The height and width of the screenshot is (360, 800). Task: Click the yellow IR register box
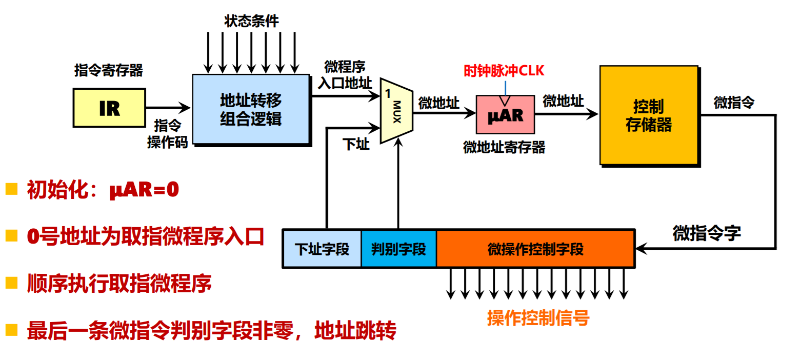109,108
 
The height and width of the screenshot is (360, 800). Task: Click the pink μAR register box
505,114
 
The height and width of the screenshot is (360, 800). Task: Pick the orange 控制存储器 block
649,115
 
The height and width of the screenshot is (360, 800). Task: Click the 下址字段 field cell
322,249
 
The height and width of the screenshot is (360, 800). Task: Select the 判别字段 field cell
398,249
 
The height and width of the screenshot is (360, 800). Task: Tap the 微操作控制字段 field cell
535,249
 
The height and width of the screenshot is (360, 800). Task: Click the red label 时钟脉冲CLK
504,71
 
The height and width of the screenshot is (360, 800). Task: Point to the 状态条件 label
251,21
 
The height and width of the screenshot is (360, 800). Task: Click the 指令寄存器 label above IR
109,70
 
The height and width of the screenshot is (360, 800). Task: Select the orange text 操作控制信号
538,318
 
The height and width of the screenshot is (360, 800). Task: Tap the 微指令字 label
707,233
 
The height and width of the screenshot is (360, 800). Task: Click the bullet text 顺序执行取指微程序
119,284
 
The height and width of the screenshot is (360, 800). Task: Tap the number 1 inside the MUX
388,93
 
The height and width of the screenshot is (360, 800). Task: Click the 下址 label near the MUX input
356,144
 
